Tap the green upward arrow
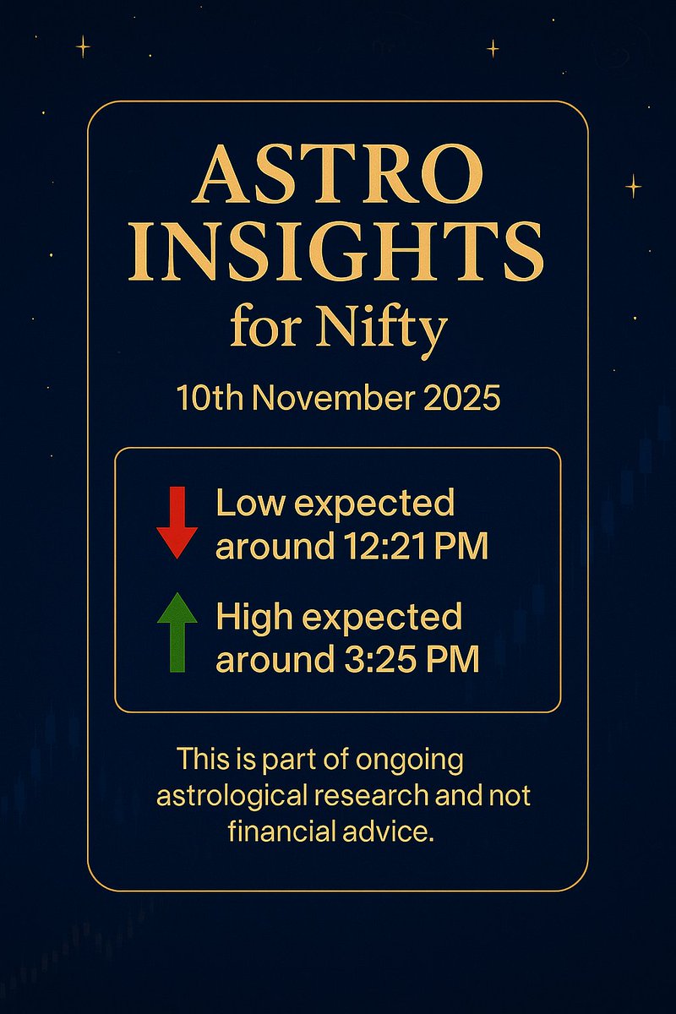177,632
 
